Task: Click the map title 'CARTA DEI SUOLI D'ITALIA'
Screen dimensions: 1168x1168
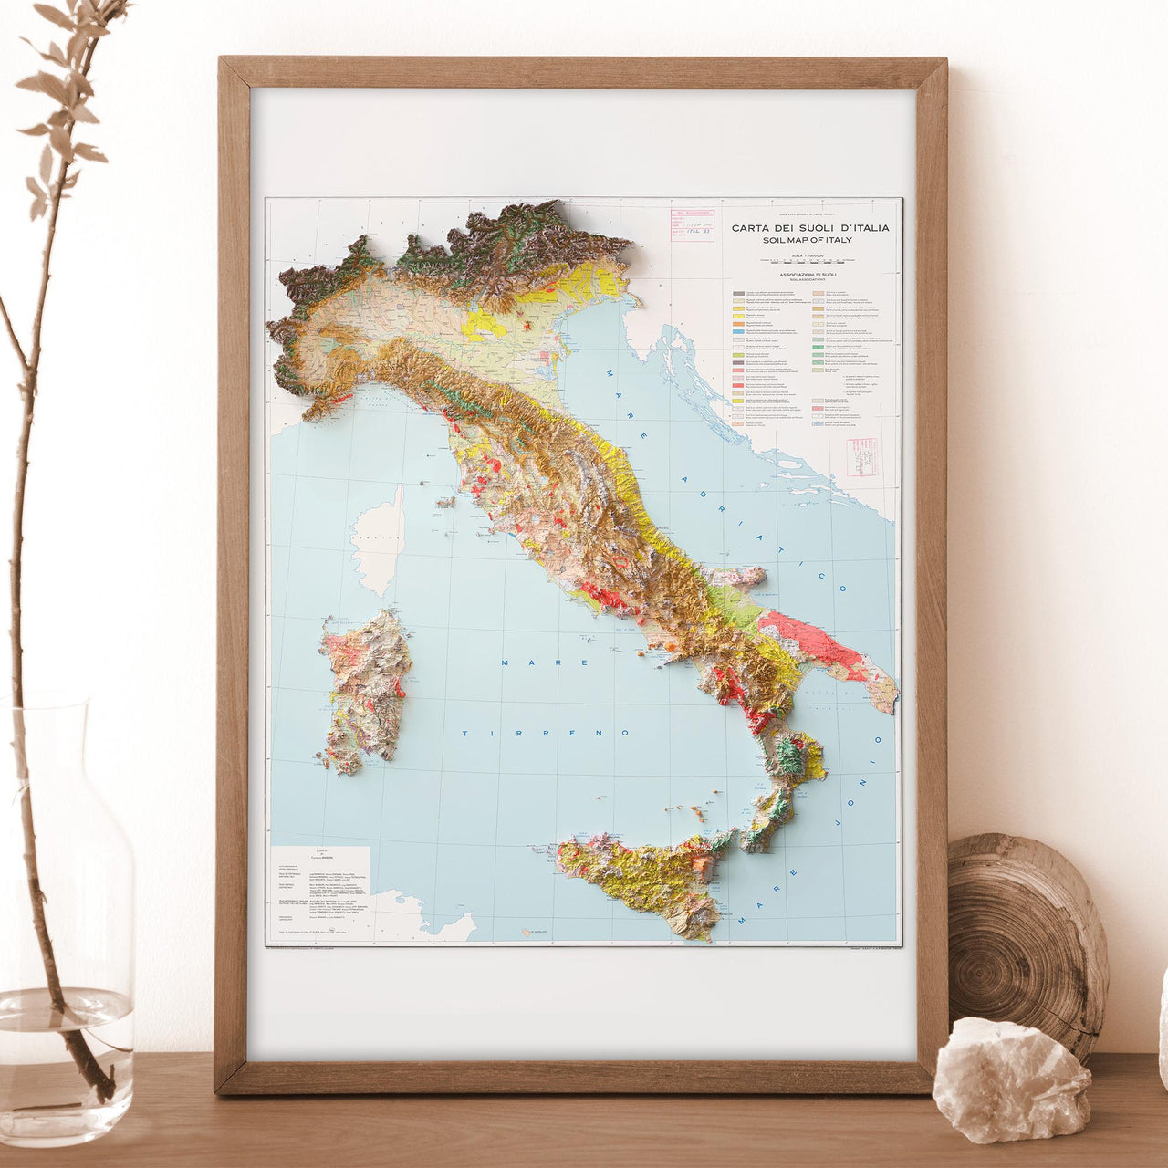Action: [810, 228]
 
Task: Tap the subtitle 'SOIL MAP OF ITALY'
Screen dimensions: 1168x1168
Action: [808, 240]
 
